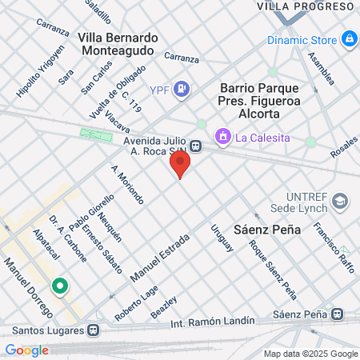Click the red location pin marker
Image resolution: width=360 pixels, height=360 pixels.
coord(180,165)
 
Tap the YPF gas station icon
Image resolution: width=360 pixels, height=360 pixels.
coord(182,88)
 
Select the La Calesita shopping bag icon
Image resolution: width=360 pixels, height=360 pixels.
coord(225,138)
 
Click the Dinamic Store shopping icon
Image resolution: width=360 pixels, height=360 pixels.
coord(349,38)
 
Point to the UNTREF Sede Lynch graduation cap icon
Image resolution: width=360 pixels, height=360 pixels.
coord(340,201)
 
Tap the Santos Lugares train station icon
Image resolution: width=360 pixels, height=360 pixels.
coord(94,329)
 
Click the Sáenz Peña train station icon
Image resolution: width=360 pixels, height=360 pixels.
coord(338,314)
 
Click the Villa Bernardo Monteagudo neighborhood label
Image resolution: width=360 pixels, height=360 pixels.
coord(118,43)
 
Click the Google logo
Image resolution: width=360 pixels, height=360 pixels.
coord(26,350)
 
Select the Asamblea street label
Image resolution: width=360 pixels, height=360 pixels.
coord(322,69)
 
